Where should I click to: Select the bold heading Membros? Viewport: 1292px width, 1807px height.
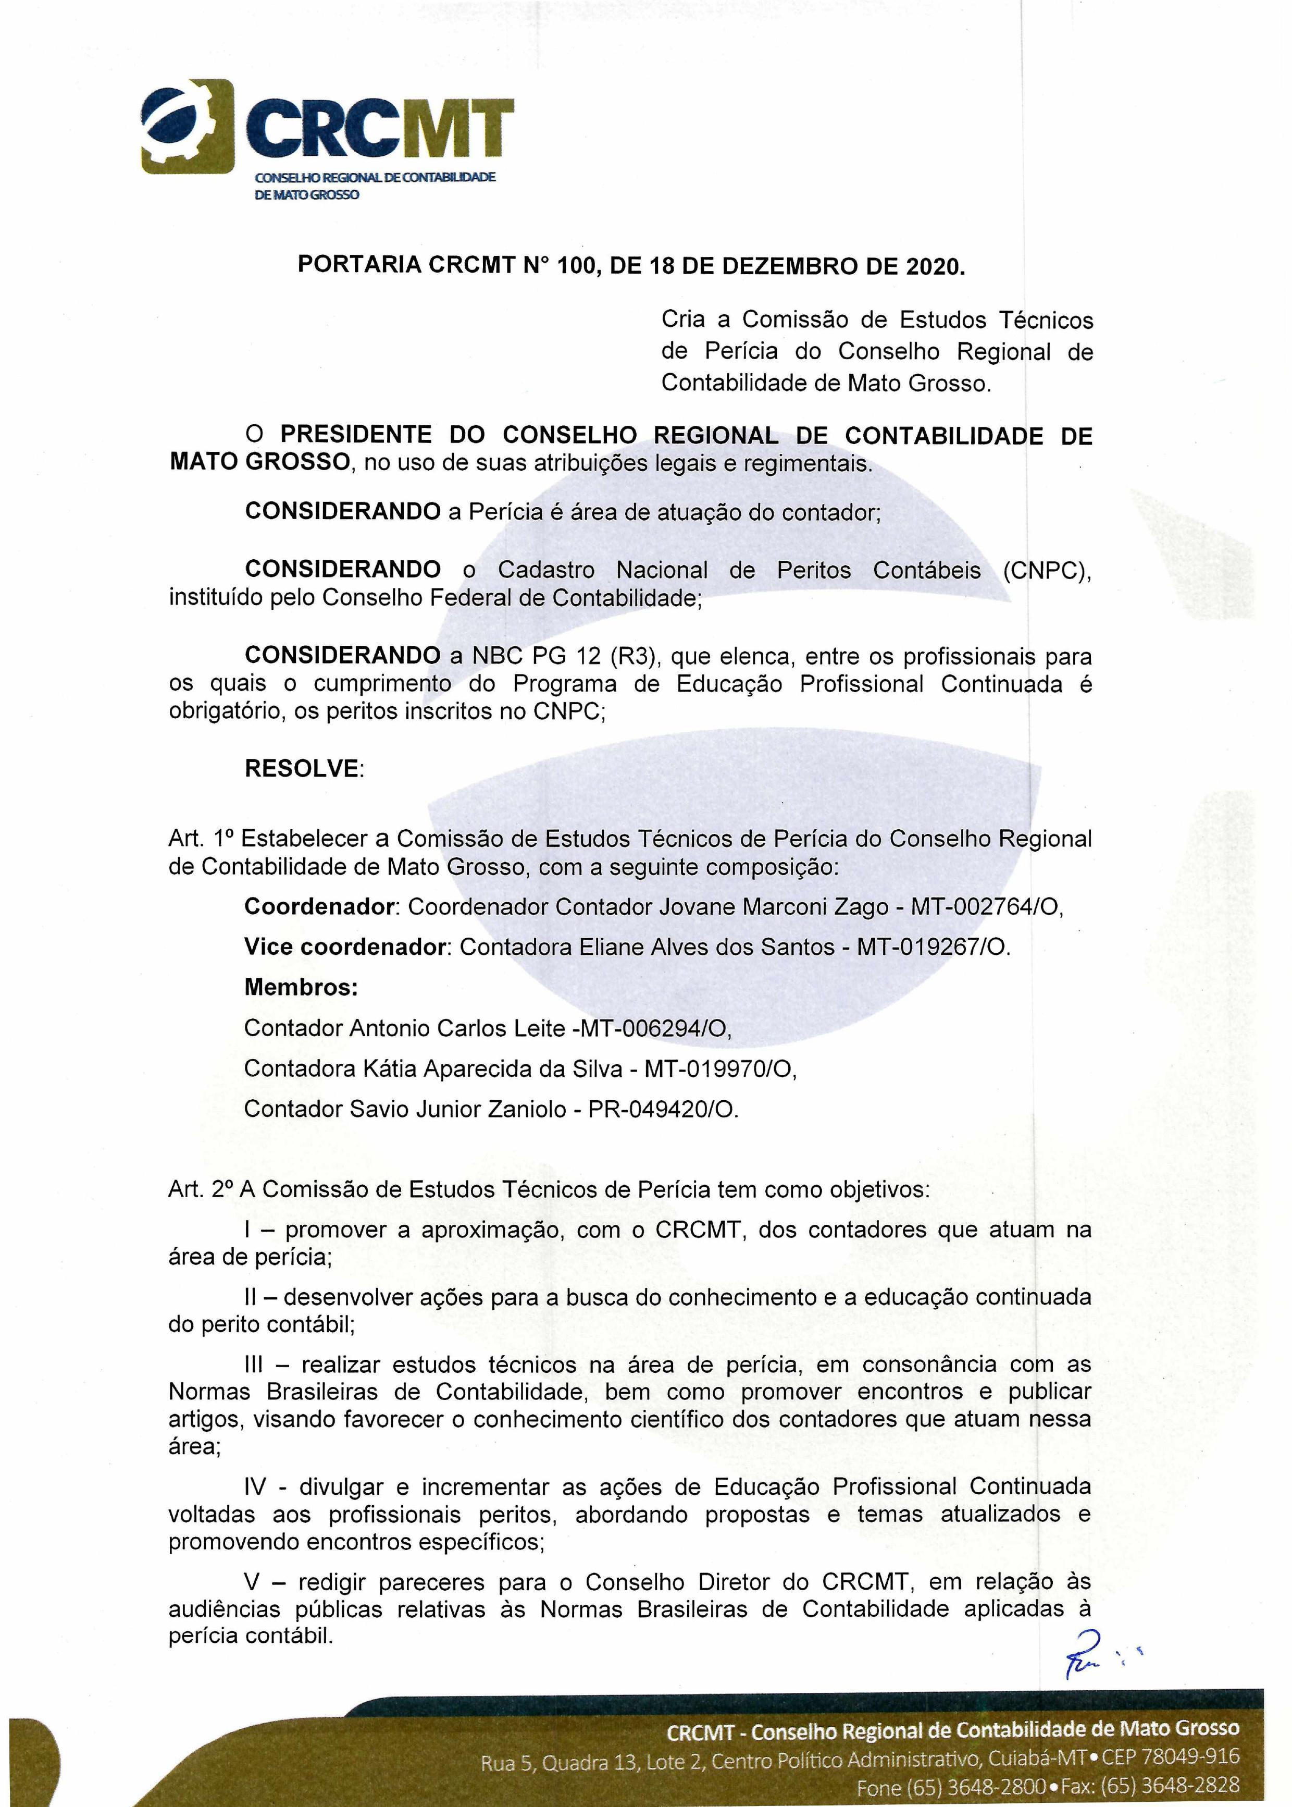[301, 988]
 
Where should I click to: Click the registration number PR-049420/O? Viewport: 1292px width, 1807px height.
[663, 1109]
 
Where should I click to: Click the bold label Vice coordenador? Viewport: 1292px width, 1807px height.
[344, 947]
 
